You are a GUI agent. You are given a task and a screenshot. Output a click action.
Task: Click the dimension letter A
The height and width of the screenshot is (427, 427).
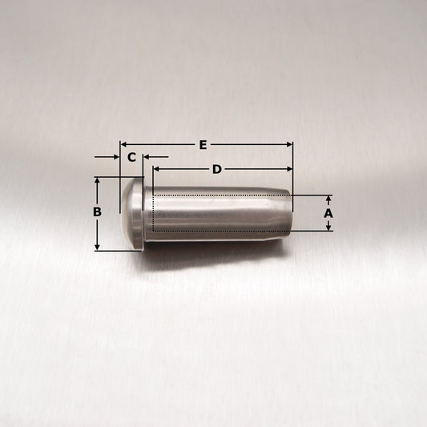click(x=328, y=213)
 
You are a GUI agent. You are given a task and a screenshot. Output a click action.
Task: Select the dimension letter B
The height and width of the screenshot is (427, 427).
click(x=97, y=211)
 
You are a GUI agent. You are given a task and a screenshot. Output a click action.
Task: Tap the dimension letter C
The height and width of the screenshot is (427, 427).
click(x=131, y=157)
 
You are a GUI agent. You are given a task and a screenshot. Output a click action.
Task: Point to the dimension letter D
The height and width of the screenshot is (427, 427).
click(x=217, y=169)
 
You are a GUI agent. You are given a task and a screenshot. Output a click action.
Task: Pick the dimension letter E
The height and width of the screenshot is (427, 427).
click(x=203, y=145)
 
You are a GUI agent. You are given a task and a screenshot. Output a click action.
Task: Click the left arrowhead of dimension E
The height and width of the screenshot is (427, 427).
click(x=123, y=144)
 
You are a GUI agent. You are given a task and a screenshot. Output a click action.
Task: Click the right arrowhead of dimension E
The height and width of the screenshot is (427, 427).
click(x=289, y=144)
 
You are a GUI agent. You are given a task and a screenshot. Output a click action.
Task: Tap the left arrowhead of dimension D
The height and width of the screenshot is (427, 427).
click(x=156, y=169)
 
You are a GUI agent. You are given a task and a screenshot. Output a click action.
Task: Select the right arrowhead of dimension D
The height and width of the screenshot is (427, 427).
click(x=289, y=169)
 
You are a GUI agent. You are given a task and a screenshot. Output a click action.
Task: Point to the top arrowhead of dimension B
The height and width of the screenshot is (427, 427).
click(x=97, y=180)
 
